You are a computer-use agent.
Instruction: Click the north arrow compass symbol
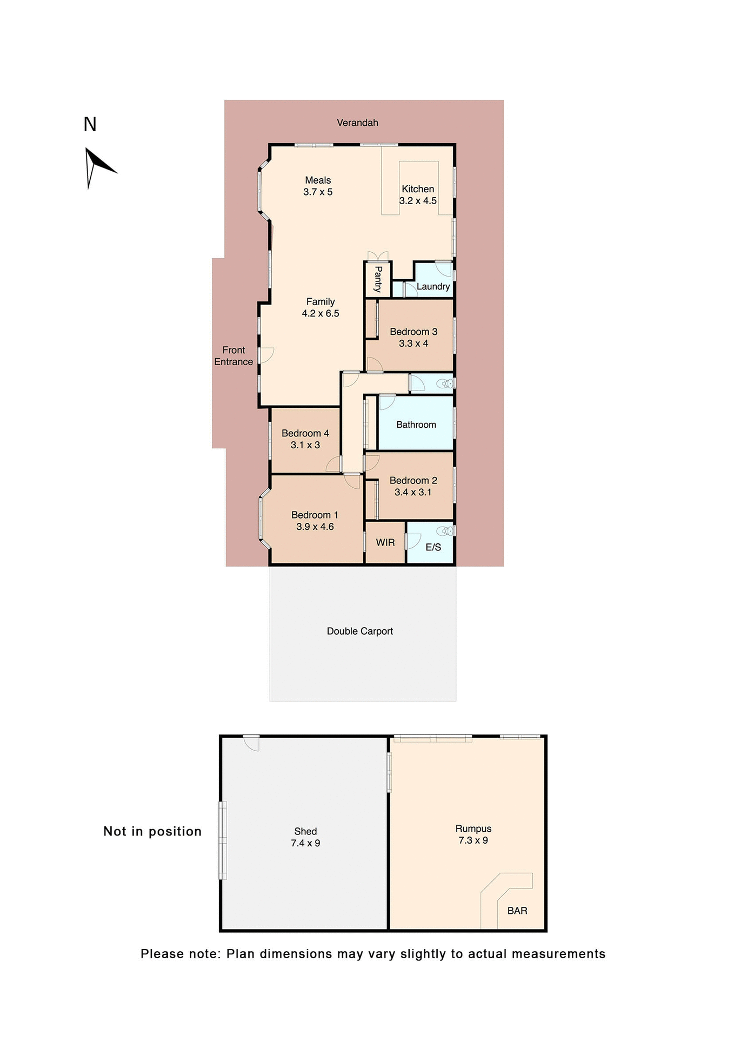(96, 165)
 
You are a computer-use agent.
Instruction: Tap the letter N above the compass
(90, 125)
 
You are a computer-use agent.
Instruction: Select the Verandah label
(357, 123)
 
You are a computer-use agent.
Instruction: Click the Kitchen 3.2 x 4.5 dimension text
(418, 201)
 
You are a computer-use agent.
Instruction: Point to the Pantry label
(378, 279)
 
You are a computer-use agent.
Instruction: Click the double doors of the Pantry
(378, 256)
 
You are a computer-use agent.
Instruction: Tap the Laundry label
(433, 286)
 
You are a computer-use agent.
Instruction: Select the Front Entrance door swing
(266, 355)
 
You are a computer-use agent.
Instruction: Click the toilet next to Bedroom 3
(445, 383)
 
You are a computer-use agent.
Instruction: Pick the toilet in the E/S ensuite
(445, 531)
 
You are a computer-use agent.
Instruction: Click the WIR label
(385, 542)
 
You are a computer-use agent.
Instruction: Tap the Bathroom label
(416, 425)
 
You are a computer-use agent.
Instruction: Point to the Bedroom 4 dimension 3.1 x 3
(305, 445)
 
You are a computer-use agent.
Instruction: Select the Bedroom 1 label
(315, 515)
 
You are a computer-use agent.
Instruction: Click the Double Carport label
(359, 631)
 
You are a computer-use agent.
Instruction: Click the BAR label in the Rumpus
(517, 911)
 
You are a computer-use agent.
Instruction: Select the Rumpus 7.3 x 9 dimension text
(473, 840)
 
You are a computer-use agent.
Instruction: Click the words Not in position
(152, 831)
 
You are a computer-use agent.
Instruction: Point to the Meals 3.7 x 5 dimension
(318, 192)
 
